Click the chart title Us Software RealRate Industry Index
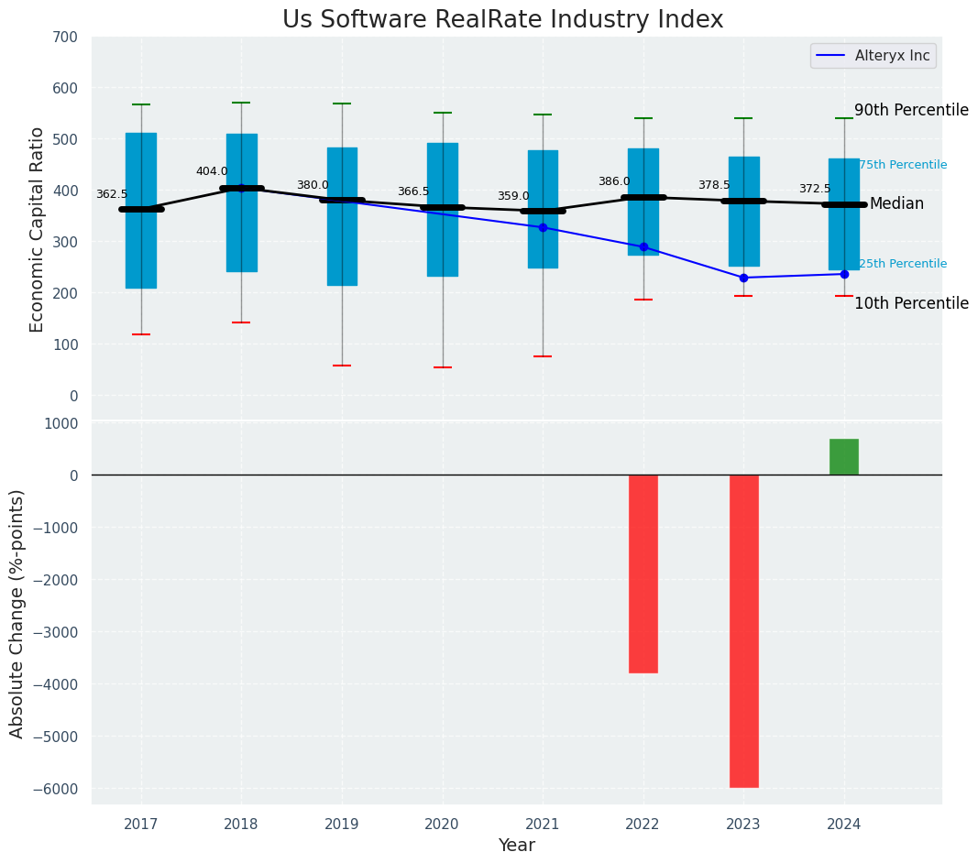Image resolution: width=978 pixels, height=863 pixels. (x=502, y=20)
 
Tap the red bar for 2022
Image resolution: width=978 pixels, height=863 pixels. (x=643, y=574)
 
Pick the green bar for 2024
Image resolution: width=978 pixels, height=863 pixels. (x=844, y=456)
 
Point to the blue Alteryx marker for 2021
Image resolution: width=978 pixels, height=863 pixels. (x=543, y=227)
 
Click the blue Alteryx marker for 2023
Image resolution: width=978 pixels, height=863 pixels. (x=743, y=278)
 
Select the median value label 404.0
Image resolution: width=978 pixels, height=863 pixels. (x=212, y=171)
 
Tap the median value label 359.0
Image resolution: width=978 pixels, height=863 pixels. (x=513, y=196)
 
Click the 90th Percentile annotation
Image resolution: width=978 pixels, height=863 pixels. (x=911, y=110)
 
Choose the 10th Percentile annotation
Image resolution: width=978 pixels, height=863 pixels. (x=911, y=303)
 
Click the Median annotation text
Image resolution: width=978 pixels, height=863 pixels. (x=896, y=203)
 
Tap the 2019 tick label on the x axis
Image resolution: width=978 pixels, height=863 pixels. (x=342, y=824)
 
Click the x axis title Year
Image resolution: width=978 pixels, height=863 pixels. (x=517, y=846)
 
